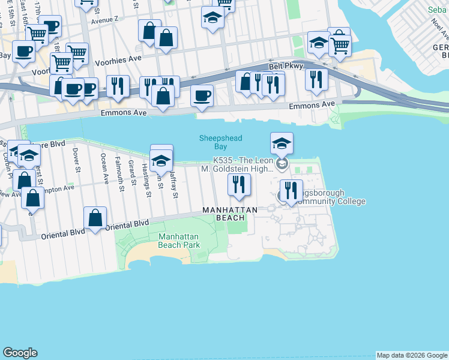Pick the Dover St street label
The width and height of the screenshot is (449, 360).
click(x=76, y=161)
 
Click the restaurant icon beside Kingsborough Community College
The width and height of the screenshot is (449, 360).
click(x=291, y=191)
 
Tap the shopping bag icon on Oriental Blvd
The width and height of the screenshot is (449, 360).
click(x=95, y=218)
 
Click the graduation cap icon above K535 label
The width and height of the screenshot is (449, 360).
click(x=282, y=143)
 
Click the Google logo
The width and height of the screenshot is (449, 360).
click(x=20, y=353)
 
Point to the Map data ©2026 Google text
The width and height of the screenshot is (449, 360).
click(x=412, y=355)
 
